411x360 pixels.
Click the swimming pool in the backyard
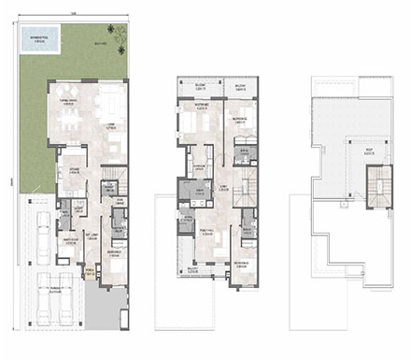point(39,40)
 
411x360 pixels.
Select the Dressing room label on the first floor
point(199,167)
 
